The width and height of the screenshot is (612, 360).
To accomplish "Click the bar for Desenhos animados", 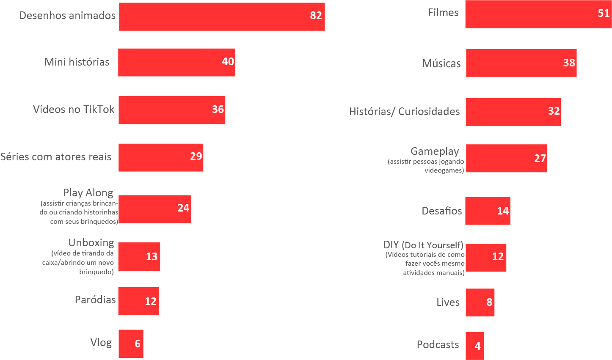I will pyautogui.click(x=222, y=16).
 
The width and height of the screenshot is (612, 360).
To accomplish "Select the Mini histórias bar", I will pyautogui.click(x=176, y=62).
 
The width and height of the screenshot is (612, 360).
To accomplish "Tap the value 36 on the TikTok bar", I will pyautogui.click(x=218, y=110).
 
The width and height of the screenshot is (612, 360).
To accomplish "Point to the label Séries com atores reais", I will pyautogui.click(x=56, y=157).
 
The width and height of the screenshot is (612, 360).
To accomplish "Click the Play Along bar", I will pyautogui.click(x=154, y=209).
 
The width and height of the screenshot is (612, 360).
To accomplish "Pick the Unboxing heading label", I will pyautogui.click(x=91, y=243).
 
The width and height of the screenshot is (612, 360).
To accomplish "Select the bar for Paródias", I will pyautogui.click(x=138, y=301).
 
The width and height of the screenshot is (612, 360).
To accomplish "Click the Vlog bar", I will pyautogui.click(x=131, y=344).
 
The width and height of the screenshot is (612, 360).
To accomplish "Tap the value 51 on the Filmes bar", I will pyautogui.click(x=604, y=14).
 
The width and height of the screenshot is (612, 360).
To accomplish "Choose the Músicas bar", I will pyautogui.click(x=521, y=63).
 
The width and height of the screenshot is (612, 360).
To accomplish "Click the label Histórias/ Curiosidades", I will pyautogui.click(x=404, y=112).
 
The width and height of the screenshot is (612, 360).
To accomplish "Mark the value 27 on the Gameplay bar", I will pyautogui.click(x=540, y=159).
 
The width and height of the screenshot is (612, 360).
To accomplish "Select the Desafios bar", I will pyautogui.click(x=488, y=211).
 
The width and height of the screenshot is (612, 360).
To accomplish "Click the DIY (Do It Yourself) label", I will pyautogui.click(x=423, y=245).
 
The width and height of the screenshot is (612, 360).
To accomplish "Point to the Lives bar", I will pyautogui.click(x=480, y=302).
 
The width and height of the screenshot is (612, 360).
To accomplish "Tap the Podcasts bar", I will pyautogui.click(x=474, y=346).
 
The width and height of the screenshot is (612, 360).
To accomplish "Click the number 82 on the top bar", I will pyautogui.click(x=316, y=16).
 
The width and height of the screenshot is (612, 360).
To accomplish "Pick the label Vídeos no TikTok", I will pyautogui.click(x=74, y=110).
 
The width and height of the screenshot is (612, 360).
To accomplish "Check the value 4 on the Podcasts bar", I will pyautogui.click(x=478, y=346).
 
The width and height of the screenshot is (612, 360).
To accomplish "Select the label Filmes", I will pyautogui.click(x=443, y=13).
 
